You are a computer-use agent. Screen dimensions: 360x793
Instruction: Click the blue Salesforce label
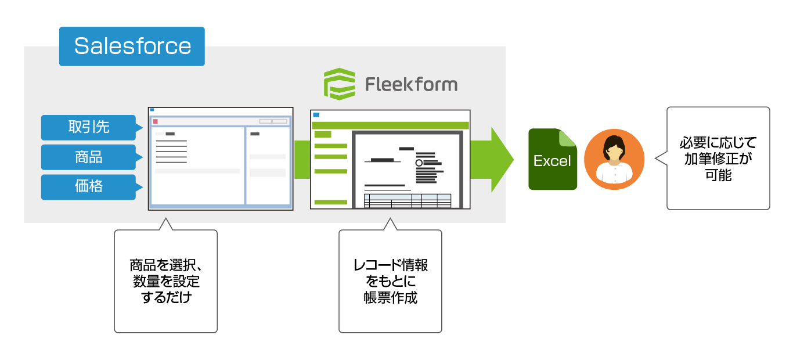pyautogui.click(x=132, y=46)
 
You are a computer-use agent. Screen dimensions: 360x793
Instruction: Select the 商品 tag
pyautogui.click(x=88, y=157)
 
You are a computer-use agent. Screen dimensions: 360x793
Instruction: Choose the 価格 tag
pyautogui.click(x=88, y=187)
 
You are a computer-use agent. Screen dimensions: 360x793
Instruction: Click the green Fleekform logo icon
pyautogui.click(x=339, y=84)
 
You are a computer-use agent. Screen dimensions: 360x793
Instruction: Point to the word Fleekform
pyautogui.click(x=411, y=85)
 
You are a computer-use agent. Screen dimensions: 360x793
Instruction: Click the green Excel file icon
pyautogui.click(x=552, y=160)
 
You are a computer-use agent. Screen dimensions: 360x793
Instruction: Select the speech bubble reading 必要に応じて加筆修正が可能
pyautogui.click(x=718, y=159)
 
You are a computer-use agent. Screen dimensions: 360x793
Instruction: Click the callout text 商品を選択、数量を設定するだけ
pyautogui.click(x=165, y=282)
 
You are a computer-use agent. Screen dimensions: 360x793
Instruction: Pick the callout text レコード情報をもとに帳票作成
pyautogui.click(x=390, y=282)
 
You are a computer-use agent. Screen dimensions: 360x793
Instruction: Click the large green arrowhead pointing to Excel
pyautogui.click(x=500, y=159)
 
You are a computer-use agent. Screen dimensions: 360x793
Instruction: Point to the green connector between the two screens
pyautogui.click(x=302, y=159)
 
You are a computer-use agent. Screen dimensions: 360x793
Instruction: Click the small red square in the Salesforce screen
pyautogui.click(x=156, y=121)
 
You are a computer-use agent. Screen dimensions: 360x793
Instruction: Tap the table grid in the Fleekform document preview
pyautogui.click(x=407, y=200)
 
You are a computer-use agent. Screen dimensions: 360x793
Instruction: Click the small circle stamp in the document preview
pyautogui.click(x=419, y=163)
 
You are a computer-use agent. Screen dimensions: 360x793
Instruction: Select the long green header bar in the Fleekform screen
pyautogui.click(x=390, y=125)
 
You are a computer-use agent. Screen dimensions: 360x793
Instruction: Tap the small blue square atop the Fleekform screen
pyautogui.click(x=316, y=115)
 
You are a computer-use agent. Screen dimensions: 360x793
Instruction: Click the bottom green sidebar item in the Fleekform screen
pyautogui.click(x=330, y=202)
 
